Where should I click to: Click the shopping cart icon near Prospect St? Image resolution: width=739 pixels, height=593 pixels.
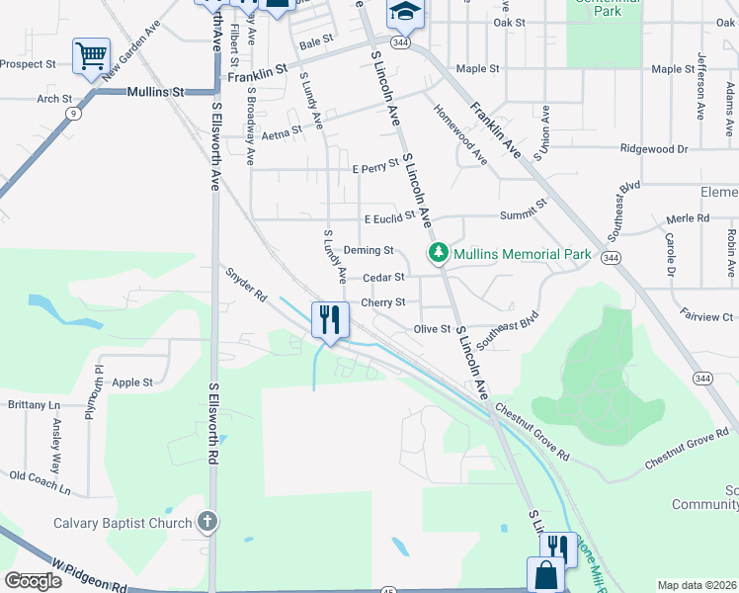click(91, 55)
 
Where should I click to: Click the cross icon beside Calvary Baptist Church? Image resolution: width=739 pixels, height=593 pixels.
click(207, 520)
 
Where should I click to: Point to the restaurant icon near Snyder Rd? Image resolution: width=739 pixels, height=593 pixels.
click(328, 319)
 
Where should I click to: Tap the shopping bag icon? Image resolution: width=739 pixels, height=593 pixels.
click(544, 575)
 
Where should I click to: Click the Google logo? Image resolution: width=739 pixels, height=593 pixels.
click(33, 580)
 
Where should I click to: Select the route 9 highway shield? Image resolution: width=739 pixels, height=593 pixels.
click(73, 114)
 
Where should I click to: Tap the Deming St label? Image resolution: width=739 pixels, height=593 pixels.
click(369, 251)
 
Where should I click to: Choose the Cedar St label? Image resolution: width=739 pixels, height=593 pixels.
click(383, 278)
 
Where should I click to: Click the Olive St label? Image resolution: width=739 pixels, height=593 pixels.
click(432, 328)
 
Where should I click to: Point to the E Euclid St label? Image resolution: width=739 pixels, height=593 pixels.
click(389, 218)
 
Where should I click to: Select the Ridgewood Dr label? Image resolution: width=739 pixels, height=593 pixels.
click(653, 149)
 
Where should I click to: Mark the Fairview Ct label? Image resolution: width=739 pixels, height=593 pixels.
click(706, 316)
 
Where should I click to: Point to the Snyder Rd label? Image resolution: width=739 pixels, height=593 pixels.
click(246, 283)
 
